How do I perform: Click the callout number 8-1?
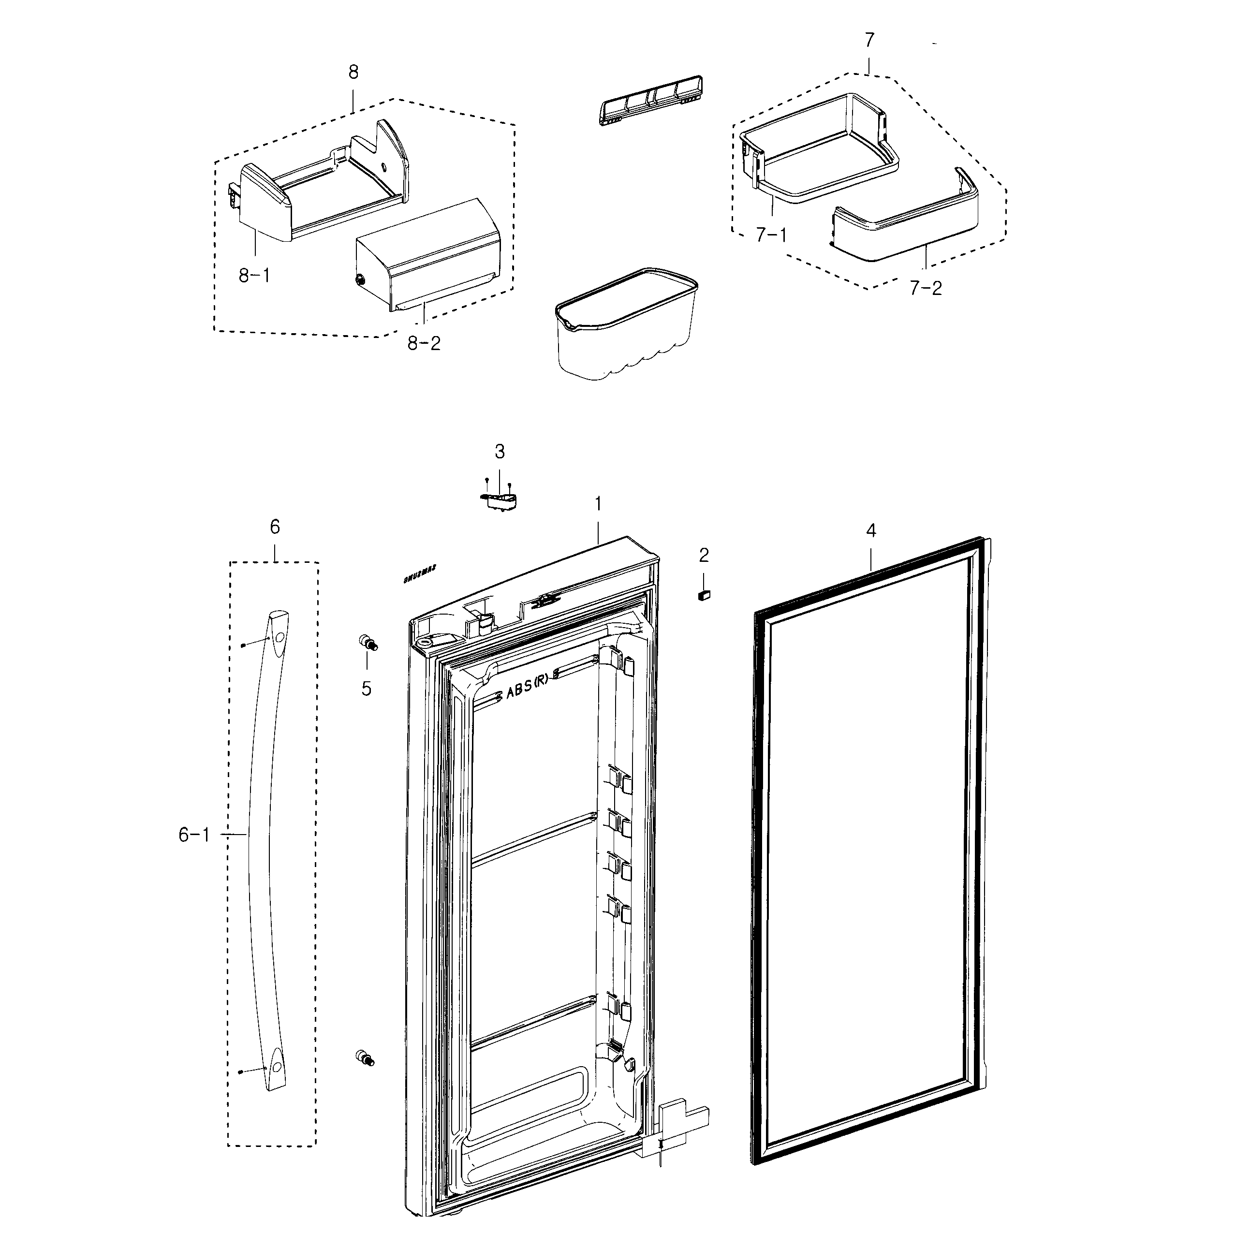pos(254,276)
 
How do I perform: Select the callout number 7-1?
pos(771,235)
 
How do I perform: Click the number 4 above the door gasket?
pos(870,531)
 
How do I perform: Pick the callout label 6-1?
pos(194,835)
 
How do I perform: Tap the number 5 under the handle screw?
pos(367,689)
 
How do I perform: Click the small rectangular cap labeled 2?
pos(704,595)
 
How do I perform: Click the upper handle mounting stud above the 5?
pos(368,642)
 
